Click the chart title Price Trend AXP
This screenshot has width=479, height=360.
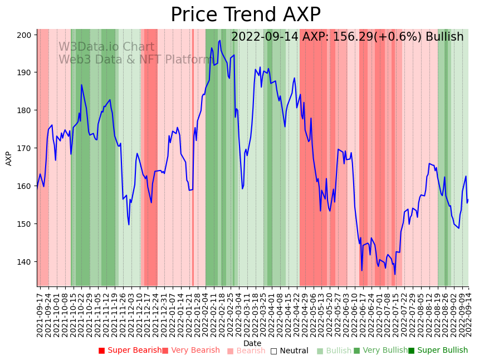click(x=245, y=15)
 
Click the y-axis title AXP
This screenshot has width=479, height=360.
click(x=9, y=158)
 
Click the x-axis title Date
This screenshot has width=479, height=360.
click(x=252, y=343)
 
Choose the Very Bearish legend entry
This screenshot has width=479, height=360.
click(x=191, y=351)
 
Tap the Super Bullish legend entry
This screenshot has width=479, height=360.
click(x=438, y=351)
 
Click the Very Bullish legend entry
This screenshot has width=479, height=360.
click(x=380, y=351)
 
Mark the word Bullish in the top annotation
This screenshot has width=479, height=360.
click(x=444, y=37)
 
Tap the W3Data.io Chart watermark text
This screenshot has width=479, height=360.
click(x=106, y=47)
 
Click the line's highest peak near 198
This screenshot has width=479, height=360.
click(x=220, y=40)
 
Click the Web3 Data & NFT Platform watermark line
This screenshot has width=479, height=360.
click(x=134, y=59)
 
